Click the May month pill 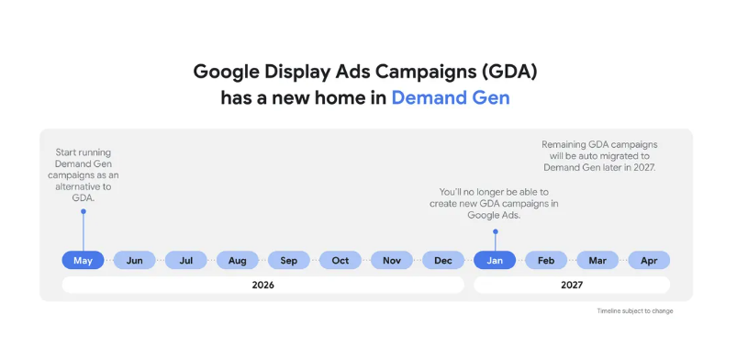pos(83,260)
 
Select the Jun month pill pos(135,260)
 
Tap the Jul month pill pos(186,260)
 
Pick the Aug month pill pos(238,260)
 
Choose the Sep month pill pos(288,260)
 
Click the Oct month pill pos(341,260)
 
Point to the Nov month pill pos(392,260)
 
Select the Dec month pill pos(443,260)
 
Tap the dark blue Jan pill pos(495,260)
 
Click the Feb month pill pos(546,260)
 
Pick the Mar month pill pos(597,260)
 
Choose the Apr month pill pos(649,260)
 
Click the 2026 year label pos(262,285)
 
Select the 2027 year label pos(572,285)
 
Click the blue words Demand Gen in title pos(451,98)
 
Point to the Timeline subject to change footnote pos(635,310)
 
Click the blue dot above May pos(83,211)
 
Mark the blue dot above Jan pos(496,231)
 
